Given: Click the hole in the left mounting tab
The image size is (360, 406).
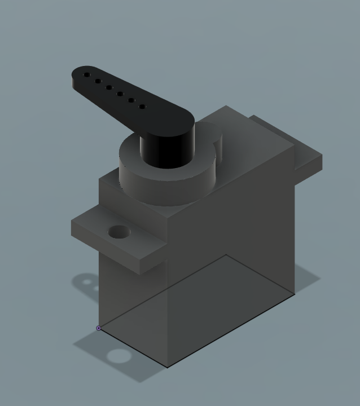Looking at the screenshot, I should point(119,232).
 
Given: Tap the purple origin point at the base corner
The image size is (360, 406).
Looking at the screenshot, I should point(99,328).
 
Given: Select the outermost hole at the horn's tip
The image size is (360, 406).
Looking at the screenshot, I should point(87,74).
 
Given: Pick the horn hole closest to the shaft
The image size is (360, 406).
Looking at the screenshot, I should point(142,106).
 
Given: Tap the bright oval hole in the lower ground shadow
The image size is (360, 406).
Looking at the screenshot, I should point(118,356).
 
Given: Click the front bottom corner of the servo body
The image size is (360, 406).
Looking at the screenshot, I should point(168,367).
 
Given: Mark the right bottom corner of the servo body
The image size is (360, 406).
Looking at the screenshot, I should point(295,294).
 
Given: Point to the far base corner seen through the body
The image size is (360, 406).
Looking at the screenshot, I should point(226,255).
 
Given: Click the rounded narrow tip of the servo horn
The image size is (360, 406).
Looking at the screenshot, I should point(76,76).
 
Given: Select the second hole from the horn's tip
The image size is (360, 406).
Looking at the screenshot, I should point(98,81).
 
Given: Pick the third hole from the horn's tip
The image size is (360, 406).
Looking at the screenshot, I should point(109,87).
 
